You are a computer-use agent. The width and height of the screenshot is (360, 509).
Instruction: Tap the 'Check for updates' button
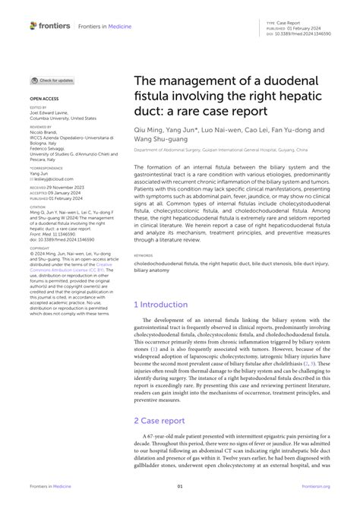tap(52, 80)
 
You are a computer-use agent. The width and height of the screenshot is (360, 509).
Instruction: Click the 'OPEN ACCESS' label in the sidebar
tap(43, 99)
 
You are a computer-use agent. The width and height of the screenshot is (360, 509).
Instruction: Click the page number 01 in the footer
tap(180, 486)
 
